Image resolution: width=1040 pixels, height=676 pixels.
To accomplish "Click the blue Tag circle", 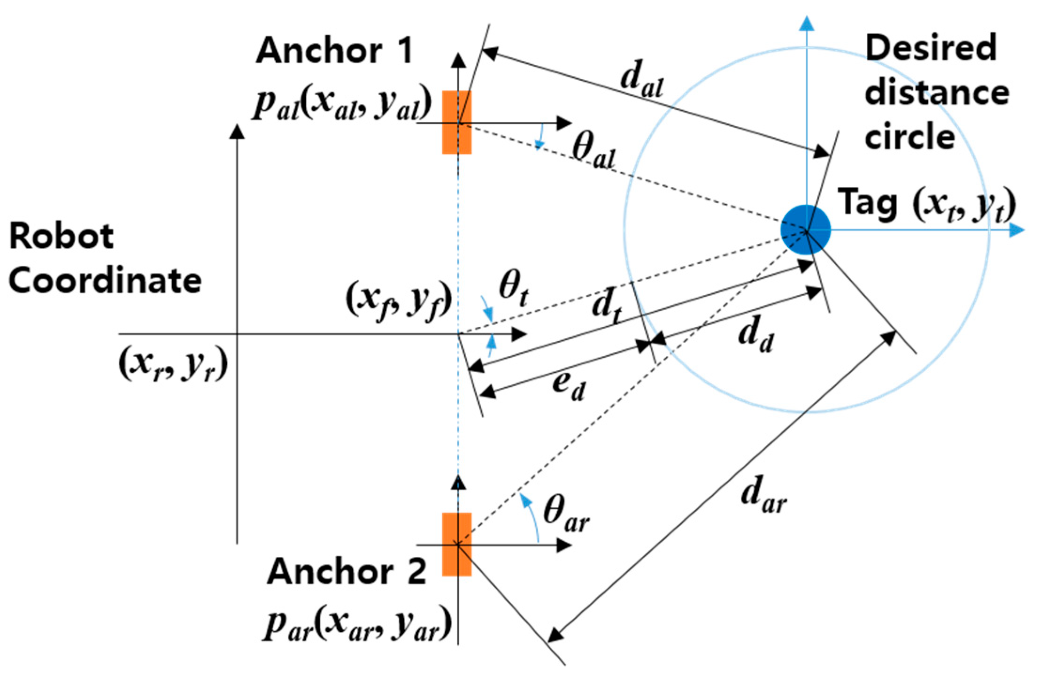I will [806, 230].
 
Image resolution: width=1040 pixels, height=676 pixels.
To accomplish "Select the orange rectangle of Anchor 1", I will [456, 122].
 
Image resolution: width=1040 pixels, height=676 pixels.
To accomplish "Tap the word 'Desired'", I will [931, 48].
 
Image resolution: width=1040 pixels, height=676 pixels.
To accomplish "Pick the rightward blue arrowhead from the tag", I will [1016, 230].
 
